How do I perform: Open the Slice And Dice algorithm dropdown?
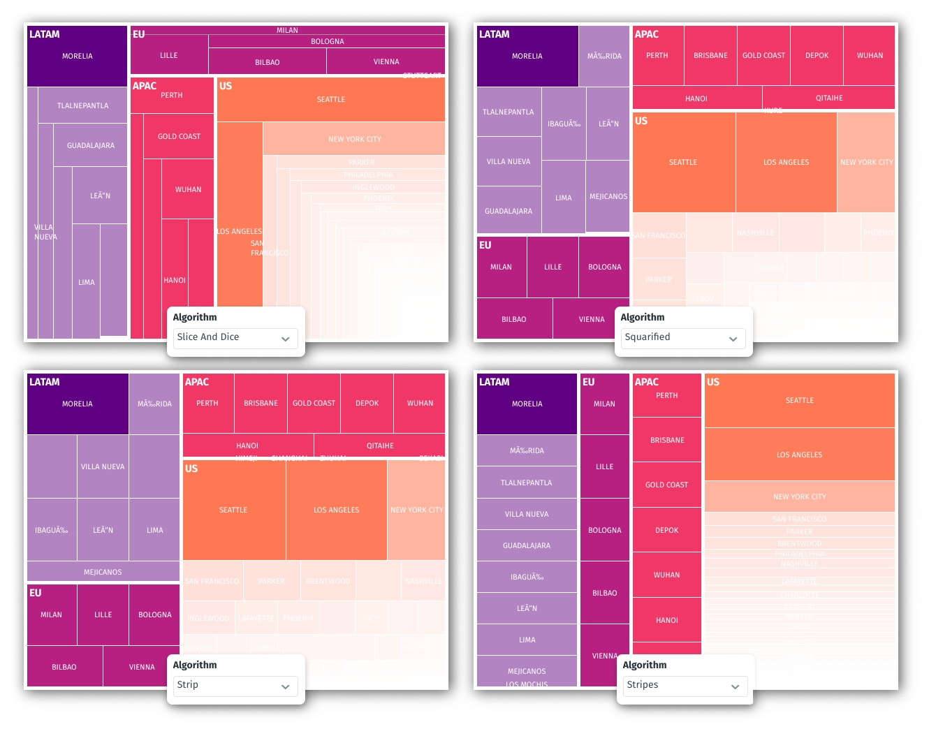coord(235,338)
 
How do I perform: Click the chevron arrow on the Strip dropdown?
coord(285,686)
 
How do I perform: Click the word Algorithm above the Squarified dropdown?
coord(643,317)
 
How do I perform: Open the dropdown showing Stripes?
coord(685,686)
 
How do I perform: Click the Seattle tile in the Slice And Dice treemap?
coord(330,100)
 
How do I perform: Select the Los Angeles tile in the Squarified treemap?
coord(786,162)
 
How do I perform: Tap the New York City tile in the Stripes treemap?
coord(799,496)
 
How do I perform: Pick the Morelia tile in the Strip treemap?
coord(77,404)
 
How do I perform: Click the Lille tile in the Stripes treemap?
coord(604,466)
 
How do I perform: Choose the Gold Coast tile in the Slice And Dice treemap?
coord(179,136)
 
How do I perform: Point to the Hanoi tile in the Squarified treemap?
coord(696,98)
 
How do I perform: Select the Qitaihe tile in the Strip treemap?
coord(380,445)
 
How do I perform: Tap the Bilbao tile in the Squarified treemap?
coord(514,319)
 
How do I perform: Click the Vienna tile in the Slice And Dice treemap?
coord(386,61)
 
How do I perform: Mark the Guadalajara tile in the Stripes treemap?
coord(527,545)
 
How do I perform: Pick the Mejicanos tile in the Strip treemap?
coord(103,572)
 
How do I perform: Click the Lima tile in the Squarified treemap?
coord(563,198)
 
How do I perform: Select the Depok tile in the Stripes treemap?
coord(666,530)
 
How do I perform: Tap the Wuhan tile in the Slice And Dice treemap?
coord(188,189)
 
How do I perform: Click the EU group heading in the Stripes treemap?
coord(589,382)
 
